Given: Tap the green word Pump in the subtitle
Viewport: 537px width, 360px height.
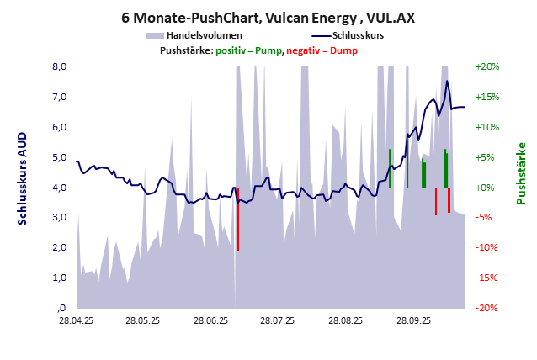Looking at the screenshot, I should (x=268, y=50).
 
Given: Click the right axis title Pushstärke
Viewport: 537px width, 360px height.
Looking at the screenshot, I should (x=522, y=173).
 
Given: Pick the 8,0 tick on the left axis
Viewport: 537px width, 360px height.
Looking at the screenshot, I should (x=61, y=66).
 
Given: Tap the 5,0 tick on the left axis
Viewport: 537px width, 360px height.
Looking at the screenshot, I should (x=61, y=157).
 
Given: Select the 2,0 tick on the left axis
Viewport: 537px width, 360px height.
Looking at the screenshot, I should (x=61, y=247).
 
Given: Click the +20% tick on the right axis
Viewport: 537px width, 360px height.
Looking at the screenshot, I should (x=488, y=66).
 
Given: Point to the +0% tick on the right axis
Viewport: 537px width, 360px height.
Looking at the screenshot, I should (x=488, y=188).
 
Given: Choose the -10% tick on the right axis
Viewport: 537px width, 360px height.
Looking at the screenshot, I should (x=488, y=247).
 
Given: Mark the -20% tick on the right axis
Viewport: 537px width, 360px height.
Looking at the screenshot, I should (x=488, y=308).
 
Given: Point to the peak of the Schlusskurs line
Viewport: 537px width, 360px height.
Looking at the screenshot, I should (x=447, y=81).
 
